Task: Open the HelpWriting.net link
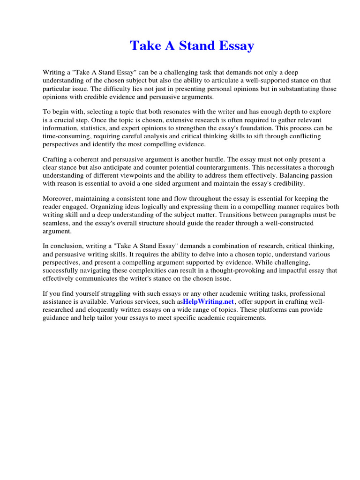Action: point(208,301)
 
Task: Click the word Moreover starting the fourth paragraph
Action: point(58,199)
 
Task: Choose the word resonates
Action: point(168,112)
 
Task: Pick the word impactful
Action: point(290,270)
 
